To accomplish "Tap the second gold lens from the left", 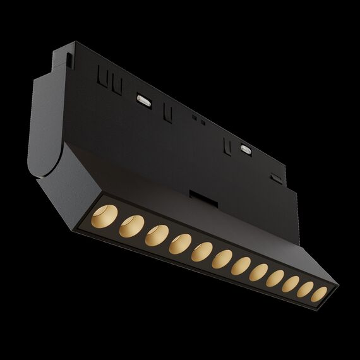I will [x=131, y=224].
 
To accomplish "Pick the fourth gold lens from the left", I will [x=180, y=242].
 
